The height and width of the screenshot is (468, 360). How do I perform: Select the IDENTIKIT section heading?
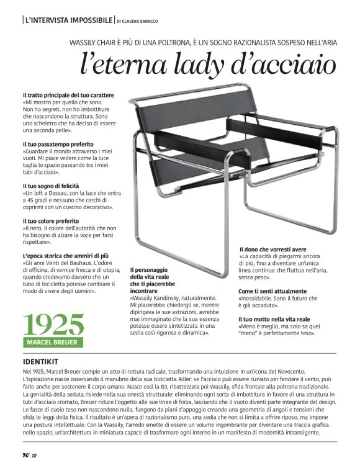pos(40,361)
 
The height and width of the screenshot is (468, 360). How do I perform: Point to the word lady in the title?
pos(192,65)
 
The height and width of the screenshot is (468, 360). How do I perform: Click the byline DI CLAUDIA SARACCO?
pos(137,21)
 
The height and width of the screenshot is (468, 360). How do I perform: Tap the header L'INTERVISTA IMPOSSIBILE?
pos(69,20)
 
